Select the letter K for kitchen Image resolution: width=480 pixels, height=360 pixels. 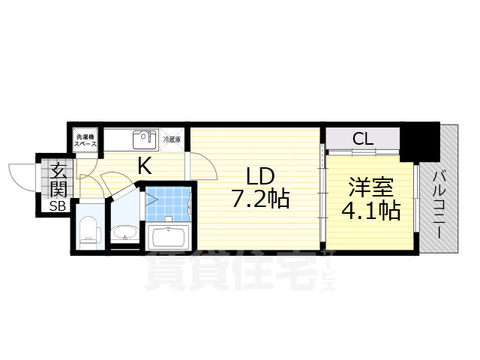(x=144, y=166)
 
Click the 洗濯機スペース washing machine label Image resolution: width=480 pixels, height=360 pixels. (x=84, y=140)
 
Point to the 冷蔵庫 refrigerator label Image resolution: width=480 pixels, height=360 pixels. (x=172, y=139)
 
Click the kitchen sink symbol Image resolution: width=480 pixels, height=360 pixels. (x=143, y=140)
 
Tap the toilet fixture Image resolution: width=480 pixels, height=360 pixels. (x=89, y=229)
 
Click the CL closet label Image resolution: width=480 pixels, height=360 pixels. (x=363, y=139)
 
